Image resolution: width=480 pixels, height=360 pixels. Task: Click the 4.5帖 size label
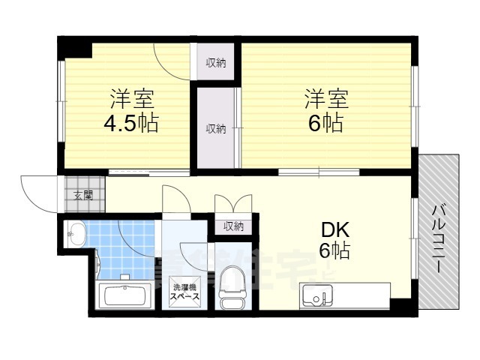132,123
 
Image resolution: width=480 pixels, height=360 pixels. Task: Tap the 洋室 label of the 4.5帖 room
132,98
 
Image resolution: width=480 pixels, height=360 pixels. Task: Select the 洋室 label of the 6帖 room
326,98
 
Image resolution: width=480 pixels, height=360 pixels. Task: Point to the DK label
334,229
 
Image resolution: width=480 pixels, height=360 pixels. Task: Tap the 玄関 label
82,196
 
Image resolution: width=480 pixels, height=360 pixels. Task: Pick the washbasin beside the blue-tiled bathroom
76,234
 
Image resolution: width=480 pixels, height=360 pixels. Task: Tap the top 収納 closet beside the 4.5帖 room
216,63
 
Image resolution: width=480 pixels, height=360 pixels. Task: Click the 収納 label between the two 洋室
216,128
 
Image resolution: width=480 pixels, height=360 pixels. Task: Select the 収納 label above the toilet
232,226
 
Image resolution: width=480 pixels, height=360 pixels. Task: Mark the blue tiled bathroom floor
124,251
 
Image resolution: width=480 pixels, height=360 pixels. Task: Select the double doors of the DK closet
232,204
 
